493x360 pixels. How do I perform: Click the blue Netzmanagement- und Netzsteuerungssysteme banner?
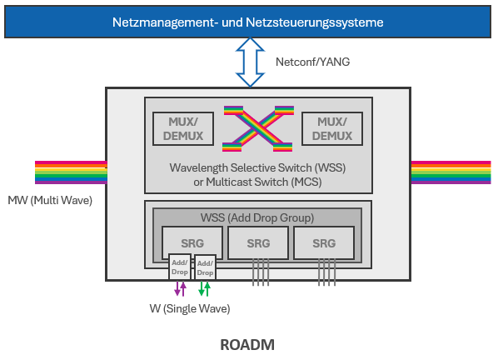(x=247, y=22)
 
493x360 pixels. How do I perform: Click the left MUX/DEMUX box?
(x=183, y=127)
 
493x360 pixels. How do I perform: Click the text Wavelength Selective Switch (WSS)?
(x=257, y=168)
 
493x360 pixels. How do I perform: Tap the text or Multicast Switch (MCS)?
(x=257, y=182)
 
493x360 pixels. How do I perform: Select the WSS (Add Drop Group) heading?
(x=257, y=217)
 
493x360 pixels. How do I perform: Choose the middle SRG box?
(x=257, y=243)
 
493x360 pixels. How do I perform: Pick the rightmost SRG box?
(x=324, y=243)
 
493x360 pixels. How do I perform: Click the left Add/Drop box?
(x=180, y=267)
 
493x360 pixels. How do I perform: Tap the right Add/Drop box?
(x=205, y=267)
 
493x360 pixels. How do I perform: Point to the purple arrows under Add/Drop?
(x=181, y=288)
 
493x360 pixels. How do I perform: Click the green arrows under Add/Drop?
(x=204, y=288)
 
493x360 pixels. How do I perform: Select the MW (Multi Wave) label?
(x=50, y=201)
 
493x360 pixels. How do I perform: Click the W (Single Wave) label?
(x=189, y=309)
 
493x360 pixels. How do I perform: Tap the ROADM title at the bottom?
(x=246, y=344)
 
